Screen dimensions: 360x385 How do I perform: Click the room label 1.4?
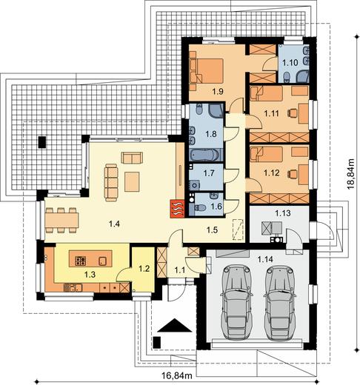pos(114,224)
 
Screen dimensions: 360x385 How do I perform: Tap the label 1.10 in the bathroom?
pos(290,62)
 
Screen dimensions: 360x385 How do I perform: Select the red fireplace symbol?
pos(177,209)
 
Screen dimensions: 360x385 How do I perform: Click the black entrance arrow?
pos(175,325)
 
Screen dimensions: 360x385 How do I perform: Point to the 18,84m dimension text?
pos(350,174)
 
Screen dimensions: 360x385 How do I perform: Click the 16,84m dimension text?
pos(177,375)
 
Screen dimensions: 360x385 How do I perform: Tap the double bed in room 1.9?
pos(207,70)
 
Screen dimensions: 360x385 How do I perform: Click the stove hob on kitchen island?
pos(81,261)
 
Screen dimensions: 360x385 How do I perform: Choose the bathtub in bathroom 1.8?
pos(204,155)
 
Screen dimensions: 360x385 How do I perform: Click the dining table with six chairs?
pos(61,220)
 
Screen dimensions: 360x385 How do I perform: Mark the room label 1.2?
pos(144,268)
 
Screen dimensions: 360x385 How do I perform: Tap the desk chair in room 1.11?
pos(292,113)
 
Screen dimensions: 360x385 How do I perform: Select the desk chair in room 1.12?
pos(292,174)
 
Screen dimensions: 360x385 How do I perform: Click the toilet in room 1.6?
pos(200,207)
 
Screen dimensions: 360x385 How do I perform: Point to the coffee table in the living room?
pos(132,182)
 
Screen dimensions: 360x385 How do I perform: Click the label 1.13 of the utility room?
pos(283,212)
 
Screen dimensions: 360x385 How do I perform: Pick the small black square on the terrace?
pos(42,142)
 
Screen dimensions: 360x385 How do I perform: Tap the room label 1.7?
pos(209,173)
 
